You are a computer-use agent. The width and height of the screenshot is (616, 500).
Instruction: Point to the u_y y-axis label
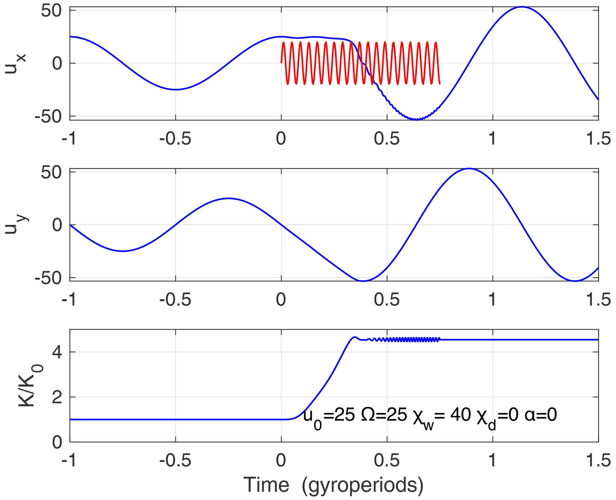[17, 224]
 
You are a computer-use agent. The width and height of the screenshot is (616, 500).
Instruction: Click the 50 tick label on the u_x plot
[51, 11]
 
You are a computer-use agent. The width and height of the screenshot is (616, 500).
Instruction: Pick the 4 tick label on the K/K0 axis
[57, 352]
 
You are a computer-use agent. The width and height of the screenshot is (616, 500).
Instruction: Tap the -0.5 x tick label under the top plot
[175, 139]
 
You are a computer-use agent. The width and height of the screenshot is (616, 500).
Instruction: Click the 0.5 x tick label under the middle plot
[387, 300]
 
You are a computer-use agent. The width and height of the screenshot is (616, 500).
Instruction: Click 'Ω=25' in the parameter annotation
[384, 415]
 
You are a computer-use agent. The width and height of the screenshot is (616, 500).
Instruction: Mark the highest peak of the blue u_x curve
[522, 7]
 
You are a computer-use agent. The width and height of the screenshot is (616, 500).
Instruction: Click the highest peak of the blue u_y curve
[469, 169]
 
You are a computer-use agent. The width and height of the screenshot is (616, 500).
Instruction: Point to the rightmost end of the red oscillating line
[440, 84]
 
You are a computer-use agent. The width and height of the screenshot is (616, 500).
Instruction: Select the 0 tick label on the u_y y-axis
[57, 225]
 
